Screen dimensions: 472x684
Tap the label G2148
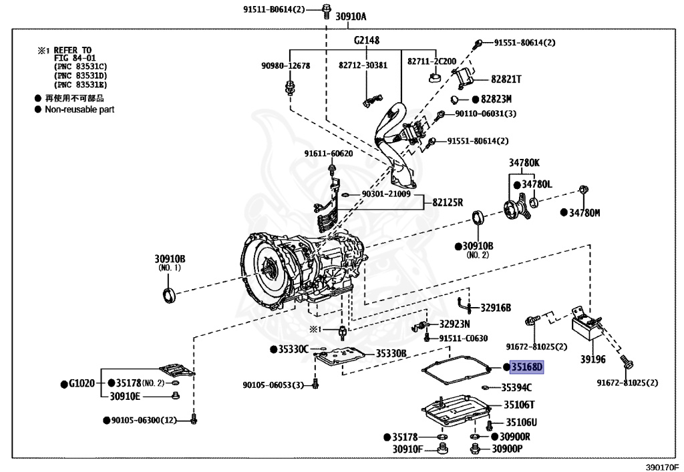click(x=367, y=41)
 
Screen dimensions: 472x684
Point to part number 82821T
click(x=506, y=79)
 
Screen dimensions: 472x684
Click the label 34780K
click(x=524, y=162)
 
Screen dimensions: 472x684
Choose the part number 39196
click(x=592, y=359)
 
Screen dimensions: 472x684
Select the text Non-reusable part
click(x=79, y=109)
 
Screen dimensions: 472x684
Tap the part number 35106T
click(x=519, y=405)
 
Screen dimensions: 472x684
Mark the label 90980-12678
click(x=285, y=65)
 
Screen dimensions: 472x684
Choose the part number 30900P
click(x=507, y=449)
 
